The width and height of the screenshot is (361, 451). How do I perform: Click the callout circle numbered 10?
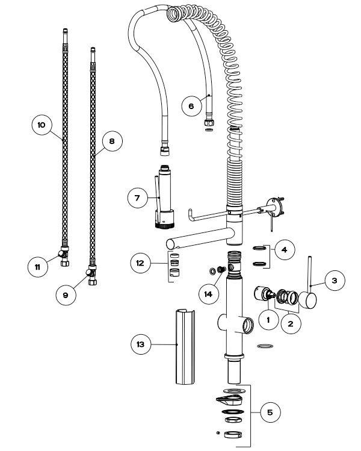[42, 125]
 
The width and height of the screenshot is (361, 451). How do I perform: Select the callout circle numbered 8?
[111, 141]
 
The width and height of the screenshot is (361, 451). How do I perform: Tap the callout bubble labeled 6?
[191, 106]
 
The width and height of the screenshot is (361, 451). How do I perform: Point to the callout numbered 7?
[138, 197]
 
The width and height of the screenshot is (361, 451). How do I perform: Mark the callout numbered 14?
[209, 293]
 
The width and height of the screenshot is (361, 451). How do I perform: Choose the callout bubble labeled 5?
[270, 412]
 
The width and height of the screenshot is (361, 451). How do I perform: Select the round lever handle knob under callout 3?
[309, 299]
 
